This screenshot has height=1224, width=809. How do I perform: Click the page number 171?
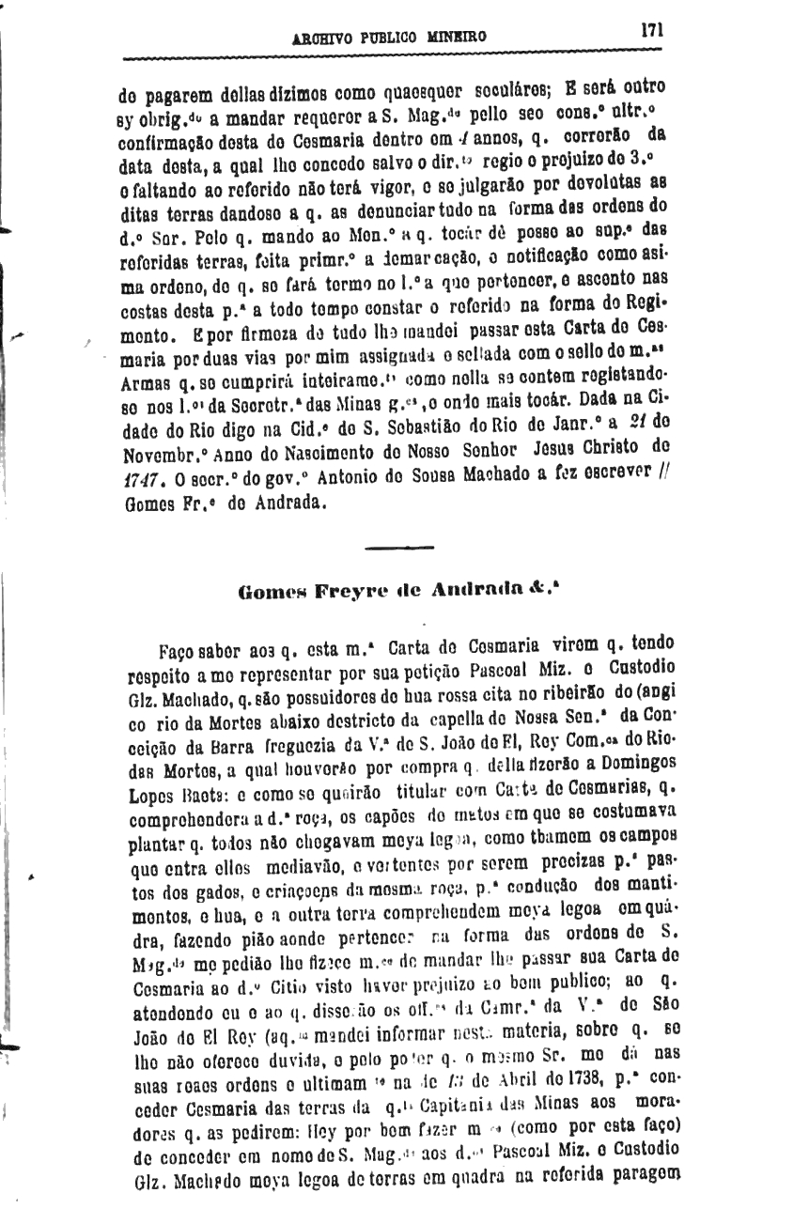click(652, 29)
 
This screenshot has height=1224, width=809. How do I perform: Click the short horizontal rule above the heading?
click(396, 546)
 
